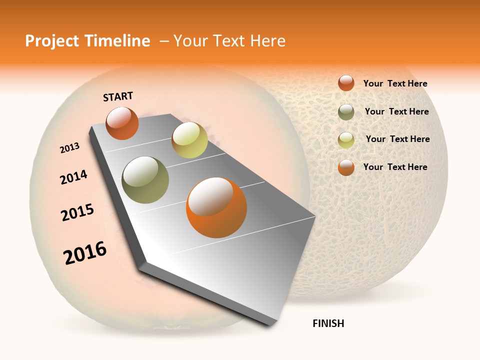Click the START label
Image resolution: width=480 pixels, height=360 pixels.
tap(118, 96)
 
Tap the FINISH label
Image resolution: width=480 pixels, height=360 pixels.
tap(328, 323)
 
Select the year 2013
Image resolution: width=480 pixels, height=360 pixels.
tap(70, 148)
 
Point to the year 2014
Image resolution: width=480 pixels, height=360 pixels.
tap(74, 177)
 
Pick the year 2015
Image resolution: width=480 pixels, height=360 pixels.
tap(77, 212)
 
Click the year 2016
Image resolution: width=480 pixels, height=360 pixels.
tap(85, 252)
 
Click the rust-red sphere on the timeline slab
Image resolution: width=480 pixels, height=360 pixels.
tap(122, 123)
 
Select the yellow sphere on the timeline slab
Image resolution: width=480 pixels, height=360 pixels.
tap(189, 140)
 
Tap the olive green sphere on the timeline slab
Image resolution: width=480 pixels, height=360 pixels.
tap(145, 179)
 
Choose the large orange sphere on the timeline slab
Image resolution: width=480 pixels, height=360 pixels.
tap(216, 207)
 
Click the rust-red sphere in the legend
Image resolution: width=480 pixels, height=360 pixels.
tap(346, 83)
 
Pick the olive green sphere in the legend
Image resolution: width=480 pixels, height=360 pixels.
tap(346, 112)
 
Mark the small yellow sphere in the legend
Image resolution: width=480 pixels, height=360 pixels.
tap(346, 140)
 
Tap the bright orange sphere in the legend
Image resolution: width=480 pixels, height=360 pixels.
tap(346, 167)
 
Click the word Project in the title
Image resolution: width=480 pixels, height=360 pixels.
tap(53, 41)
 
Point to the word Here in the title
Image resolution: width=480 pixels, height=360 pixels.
tap(267, 41)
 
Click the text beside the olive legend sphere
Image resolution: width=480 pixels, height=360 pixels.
tap(396, 111)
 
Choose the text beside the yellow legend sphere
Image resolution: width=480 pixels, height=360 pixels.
tap(397, 139)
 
